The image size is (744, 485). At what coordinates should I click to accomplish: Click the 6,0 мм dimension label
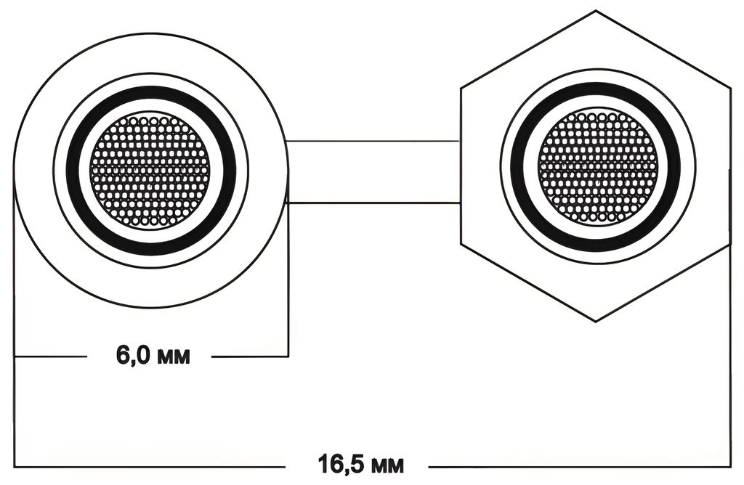coord(153,355)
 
